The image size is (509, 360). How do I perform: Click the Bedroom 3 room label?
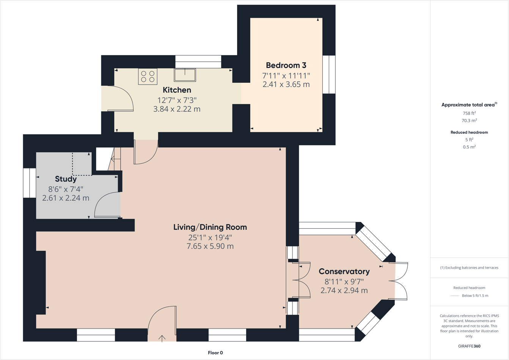[x=286, y=65]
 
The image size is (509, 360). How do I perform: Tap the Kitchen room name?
[x=177, y=90]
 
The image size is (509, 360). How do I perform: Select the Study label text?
[x=66, y=179]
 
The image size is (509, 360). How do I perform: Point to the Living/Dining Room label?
[x=210, y=227]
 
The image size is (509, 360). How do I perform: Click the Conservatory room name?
[x=344, y=272]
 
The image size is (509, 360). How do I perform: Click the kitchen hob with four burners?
[x=148, y=76]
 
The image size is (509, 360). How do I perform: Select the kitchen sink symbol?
[x=185, y=75]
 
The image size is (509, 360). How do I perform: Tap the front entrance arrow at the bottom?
[x=162, y=338]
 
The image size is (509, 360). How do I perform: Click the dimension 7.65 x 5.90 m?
[x=210, y=246]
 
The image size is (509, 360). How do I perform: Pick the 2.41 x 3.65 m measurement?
[x=286, y=84]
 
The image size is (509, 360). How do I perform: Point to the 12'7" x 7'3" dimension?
[x=177, y=100]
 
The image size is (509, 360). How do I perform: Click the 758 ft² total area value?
[x=469, y=113]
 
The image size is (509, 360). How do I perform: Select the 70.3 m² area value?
[x=469, y=121]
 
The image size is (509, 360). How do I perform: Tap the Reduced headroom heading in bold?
[x=469, y=132]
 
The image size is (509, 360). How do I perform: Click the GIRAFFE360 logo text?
[x=469, y=346]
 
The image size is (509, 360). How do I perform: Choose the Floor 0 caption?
[x=215, y=353]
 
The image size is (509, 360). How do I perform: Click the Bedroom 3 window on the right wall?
[x=329, y=74]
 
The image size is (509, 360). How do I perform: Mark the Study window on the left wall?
[x=30, y=183]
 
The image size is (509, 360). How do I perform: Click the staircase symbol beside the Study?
[x=115, y=159]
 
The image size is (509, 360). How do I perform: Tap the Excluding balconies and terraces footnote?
[x=469, y=267]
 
